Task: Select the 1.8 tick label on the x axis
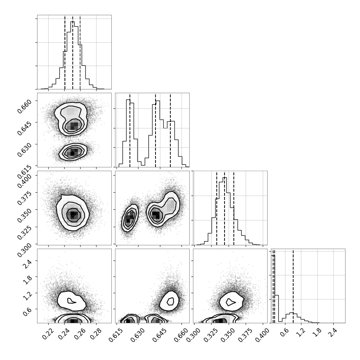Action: (317, 331)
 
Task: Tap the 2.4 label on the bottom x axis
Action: (333, 331)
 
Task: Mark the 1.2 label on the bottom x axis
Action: (301, 331)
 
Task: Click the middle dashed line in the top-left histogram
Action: (73, 52)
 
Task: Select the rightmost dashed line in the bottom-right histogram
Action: (293, 286)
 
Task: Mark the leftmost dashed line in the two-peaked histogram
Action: (130, 130)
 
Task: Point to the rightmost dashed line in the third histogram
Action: (234, 208)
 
